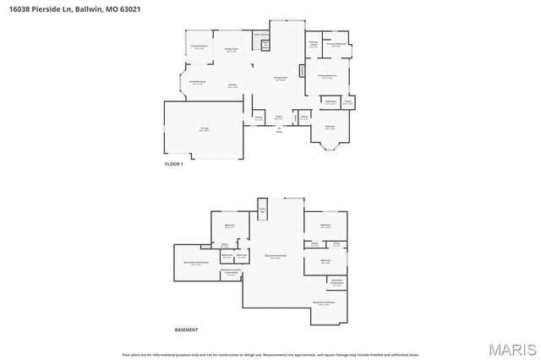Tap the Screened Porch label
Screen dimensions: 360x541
199,48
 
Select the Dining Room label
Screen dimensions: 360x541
231,50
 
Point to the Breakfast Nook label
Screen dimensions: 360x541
197,82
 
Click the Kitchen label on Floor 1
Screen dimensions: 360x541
232,85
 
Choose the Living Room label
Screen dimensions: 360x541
280,79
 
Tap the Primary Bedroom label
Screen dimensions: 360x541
327,76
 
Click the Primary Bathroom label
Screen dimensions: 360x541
336,44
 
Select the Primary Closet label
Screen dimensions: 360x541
313,44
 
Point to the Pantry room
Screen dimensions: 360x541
259,119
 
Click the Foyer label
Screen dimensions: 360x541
278,117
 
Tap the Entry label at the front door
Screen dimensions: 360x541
279,131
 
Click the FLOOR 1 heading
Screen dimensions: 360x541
173,163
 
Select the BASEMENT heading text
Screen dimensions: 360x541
186,330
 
